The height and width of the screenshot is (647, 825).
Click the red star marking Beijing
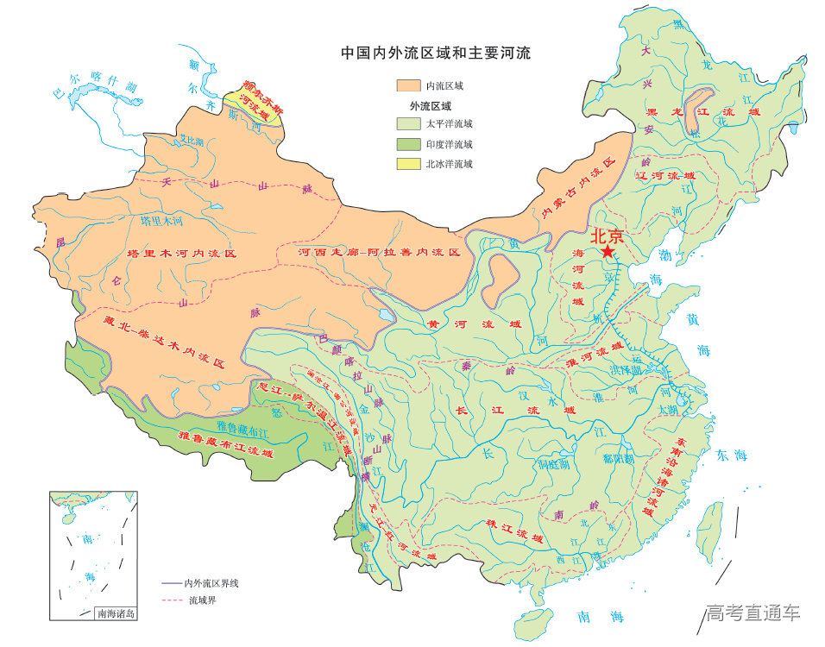tap(608, 252)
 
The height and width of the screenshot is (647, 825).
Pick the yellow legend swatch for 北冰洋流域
tap(408, 164)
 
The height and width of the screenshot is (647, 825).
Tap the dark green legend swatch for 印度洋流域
tap(408, 144)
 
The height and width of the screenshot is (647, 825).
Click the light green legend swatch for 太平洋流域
tap(408, 124)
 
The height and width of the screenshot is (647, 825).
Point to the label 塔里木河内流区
tap(181, 254)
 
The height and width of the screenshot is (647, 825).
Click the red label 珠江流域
tap(502, 531)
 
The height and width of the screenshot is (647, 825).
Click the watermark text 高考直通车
tap(753, 613)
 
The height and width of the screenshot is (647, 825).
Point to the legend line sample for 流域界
tap(173, 600)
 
